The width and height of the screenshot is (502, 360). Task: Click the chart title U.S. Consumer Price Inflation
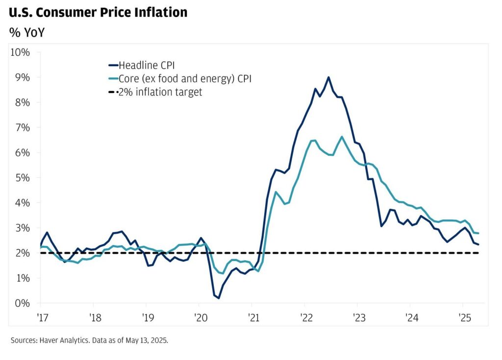pyautogui.click(x=98, y=12)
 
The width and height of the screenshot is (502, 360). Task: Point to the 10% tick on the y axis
pyautogui.click(x=20, y=52)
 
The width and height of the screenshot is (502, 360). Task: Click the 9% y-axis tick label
pyautogui.click(x=23, y=77)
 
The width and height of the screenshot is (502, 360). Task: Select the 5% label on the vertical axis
pyautogui.click(x=23, y=177)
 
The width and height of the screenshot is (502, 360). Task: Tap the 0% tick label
pyautogui.click(x=23, y=303)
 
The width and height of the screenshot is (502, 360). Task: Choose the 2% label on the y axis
pyautogui.click(x=23, y=253)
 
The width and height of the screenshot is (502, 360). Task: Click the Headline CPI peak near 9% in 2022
pyautogui.click(x=328, y=77)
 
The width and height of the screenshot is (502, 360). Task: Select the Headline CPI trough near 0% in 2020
pyautogui.click(x=219, y=298)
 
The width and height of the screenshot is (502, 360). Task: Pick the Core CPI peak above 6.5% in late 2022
pyautogui.click(x=342, y=137)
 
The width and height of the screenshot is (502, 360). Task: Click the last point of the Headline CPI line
pyautogui.click(x=479, y=244)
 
